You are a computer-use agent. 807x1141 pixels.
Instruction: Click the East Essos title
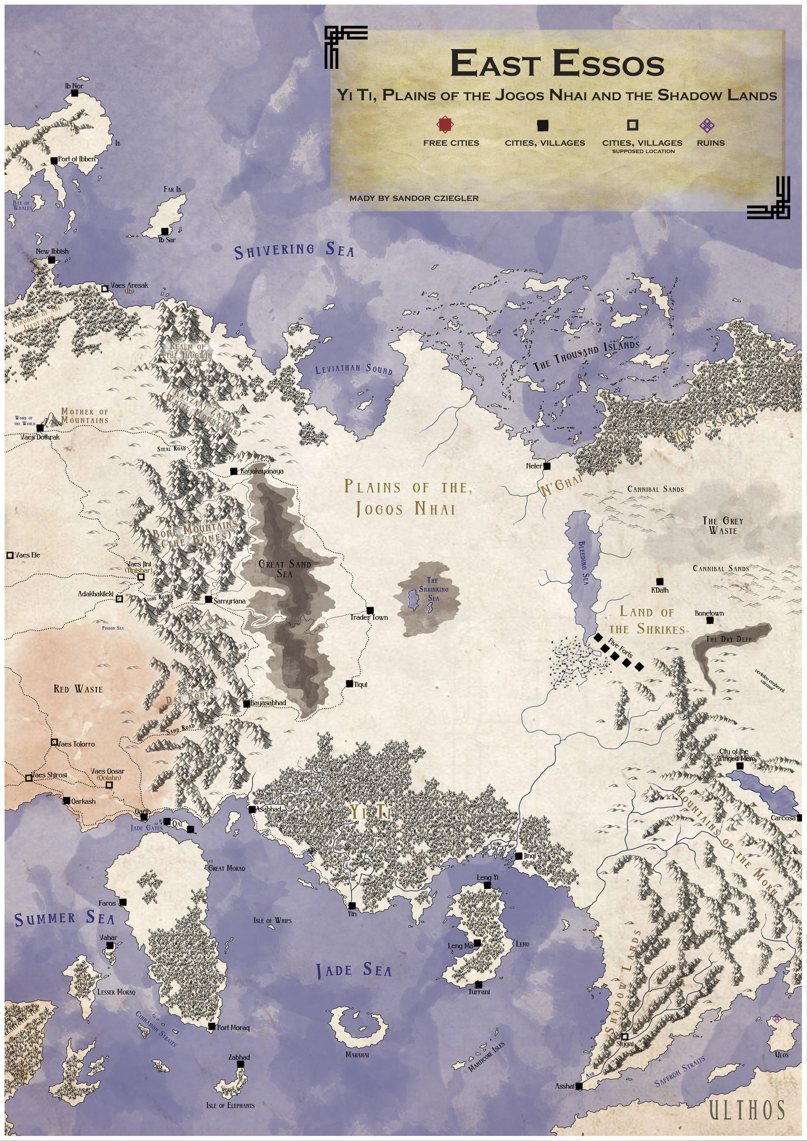(557, 64)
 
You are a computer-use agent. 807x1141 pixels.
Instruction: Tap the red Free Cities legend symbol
(446, 125)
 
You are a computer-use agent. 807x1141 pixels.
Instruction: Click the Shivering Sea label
(295, 251)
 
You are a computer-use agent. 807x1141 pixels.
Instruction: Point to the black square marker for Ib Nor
(75, 93)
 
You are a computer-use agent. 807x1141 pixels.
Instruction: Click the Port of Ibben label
(76, 159)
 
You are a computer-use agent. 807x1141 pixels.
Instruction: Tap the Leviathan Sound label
(354, 370)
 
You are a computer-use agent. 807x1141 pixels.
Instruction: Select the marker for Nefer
(547, 466)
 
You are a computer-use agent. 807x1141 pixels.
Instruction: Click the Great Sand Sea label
(284, 569)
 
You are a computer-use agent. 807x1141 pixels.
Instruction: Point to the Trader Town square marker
(370, 610)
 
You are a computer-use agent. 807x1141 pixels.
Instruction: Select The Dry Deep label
(728, 639)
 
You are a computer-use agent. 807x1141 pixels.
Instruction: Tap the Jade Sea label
(354, 970)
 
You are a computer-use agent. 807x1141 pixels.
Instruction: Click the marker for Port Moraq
(212, 1027)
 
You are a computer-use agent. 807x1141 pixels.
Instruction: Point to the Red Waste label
(78, 689)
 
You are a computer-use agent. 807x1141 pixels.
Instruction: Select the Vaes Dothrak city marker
(40, 428)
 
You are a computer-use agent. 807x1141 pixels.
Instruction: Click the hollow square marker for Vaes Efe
(10, 555)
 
